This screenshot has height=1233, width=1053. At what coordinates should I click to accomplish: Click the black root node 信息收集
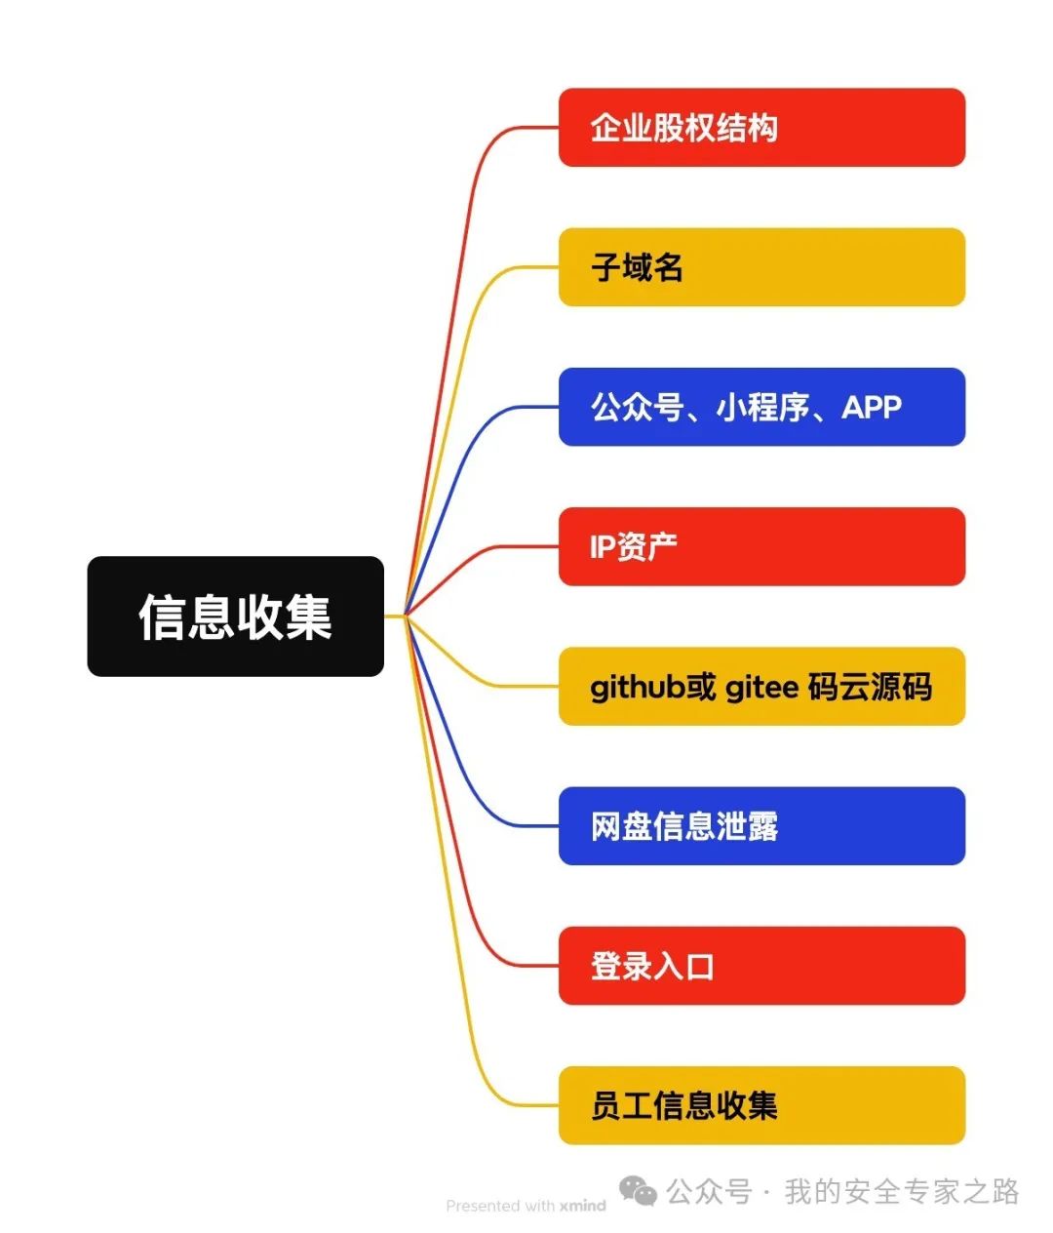pos(235,616)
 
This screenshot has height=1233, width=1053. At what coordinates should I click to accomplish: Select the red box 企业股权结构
pos(761,128)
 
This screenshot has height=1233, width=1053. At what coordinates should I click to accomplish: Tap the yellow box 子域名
pos(761,267)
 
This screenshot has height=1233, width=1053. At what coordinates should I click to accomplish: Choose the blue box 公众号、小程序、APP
pos(761,407)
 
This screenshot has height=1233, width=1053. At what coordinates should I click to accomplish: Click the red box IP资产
pos(761,546)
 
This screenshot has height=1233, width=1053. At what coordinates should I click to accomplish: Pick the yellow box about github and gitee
pos(761,687)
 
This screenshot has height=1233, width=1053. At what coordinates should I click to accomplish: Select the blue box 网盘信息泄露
pos(761,826)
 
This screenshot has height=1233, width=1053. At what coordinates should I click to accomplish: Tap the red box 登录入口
pos(761,966)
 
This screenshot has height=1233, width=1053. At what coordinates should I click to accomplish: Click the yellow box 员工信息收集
pos(761,1105)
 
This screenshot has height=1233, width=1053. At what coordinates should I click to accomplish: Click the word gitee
pos(761,688)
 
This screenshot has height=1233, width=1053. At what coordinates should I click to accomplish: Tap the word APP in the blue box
pos(872,407)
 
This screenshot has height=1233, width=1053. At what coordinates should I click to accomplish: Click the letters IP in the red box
pos(602,547)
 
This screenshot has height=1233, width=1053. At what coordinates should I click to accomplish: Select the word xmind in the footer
pos(582,1206)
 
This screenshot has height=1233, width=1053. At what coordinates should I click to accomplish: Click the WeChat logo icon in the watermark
pos(639,1191)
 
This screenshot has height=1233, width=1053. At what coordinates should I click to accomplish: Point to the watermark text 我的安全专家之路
pos(902,1191)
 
